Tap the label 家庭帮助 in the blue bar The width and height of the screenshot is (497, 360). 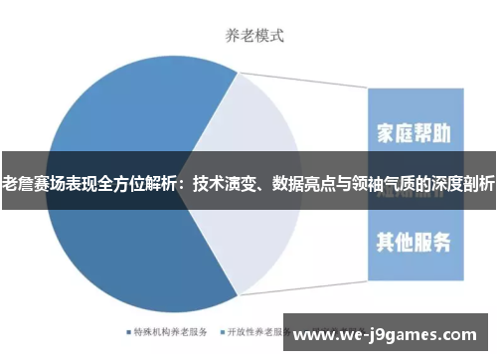pos(414,133)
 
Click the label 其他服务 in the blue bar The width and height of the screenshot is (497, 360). pos(414,241)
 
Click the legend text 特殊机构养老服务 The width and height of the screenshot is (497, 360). pos(171,331)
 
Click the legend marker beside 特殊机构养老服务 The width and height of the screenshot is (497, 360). pos(128,331)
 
